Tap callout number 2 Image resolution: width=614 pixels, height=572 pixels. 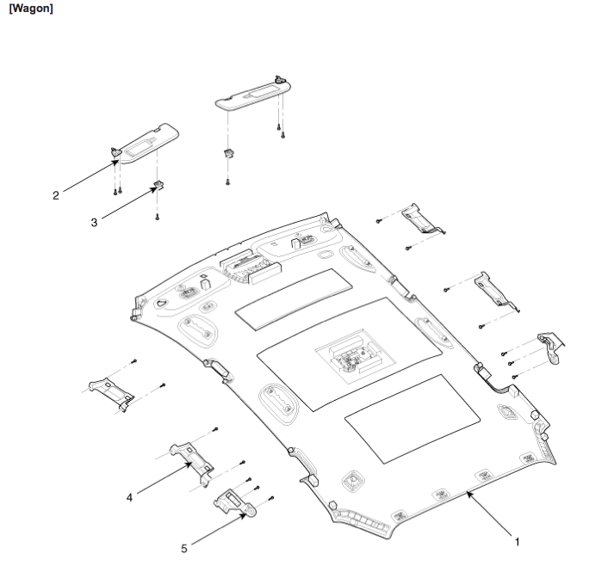[x=56, y=195]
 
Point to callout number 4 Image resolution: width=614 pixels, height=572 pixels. [x=129, y=496]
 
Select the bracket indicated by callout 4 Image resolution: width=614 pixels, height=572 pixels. [x=192, y=456]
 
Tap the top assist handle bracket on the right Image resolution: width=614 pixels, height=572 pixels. [x=423, y=218]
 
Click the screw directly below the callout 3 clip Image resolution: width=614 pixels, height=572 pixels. [x=158, y=217]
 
